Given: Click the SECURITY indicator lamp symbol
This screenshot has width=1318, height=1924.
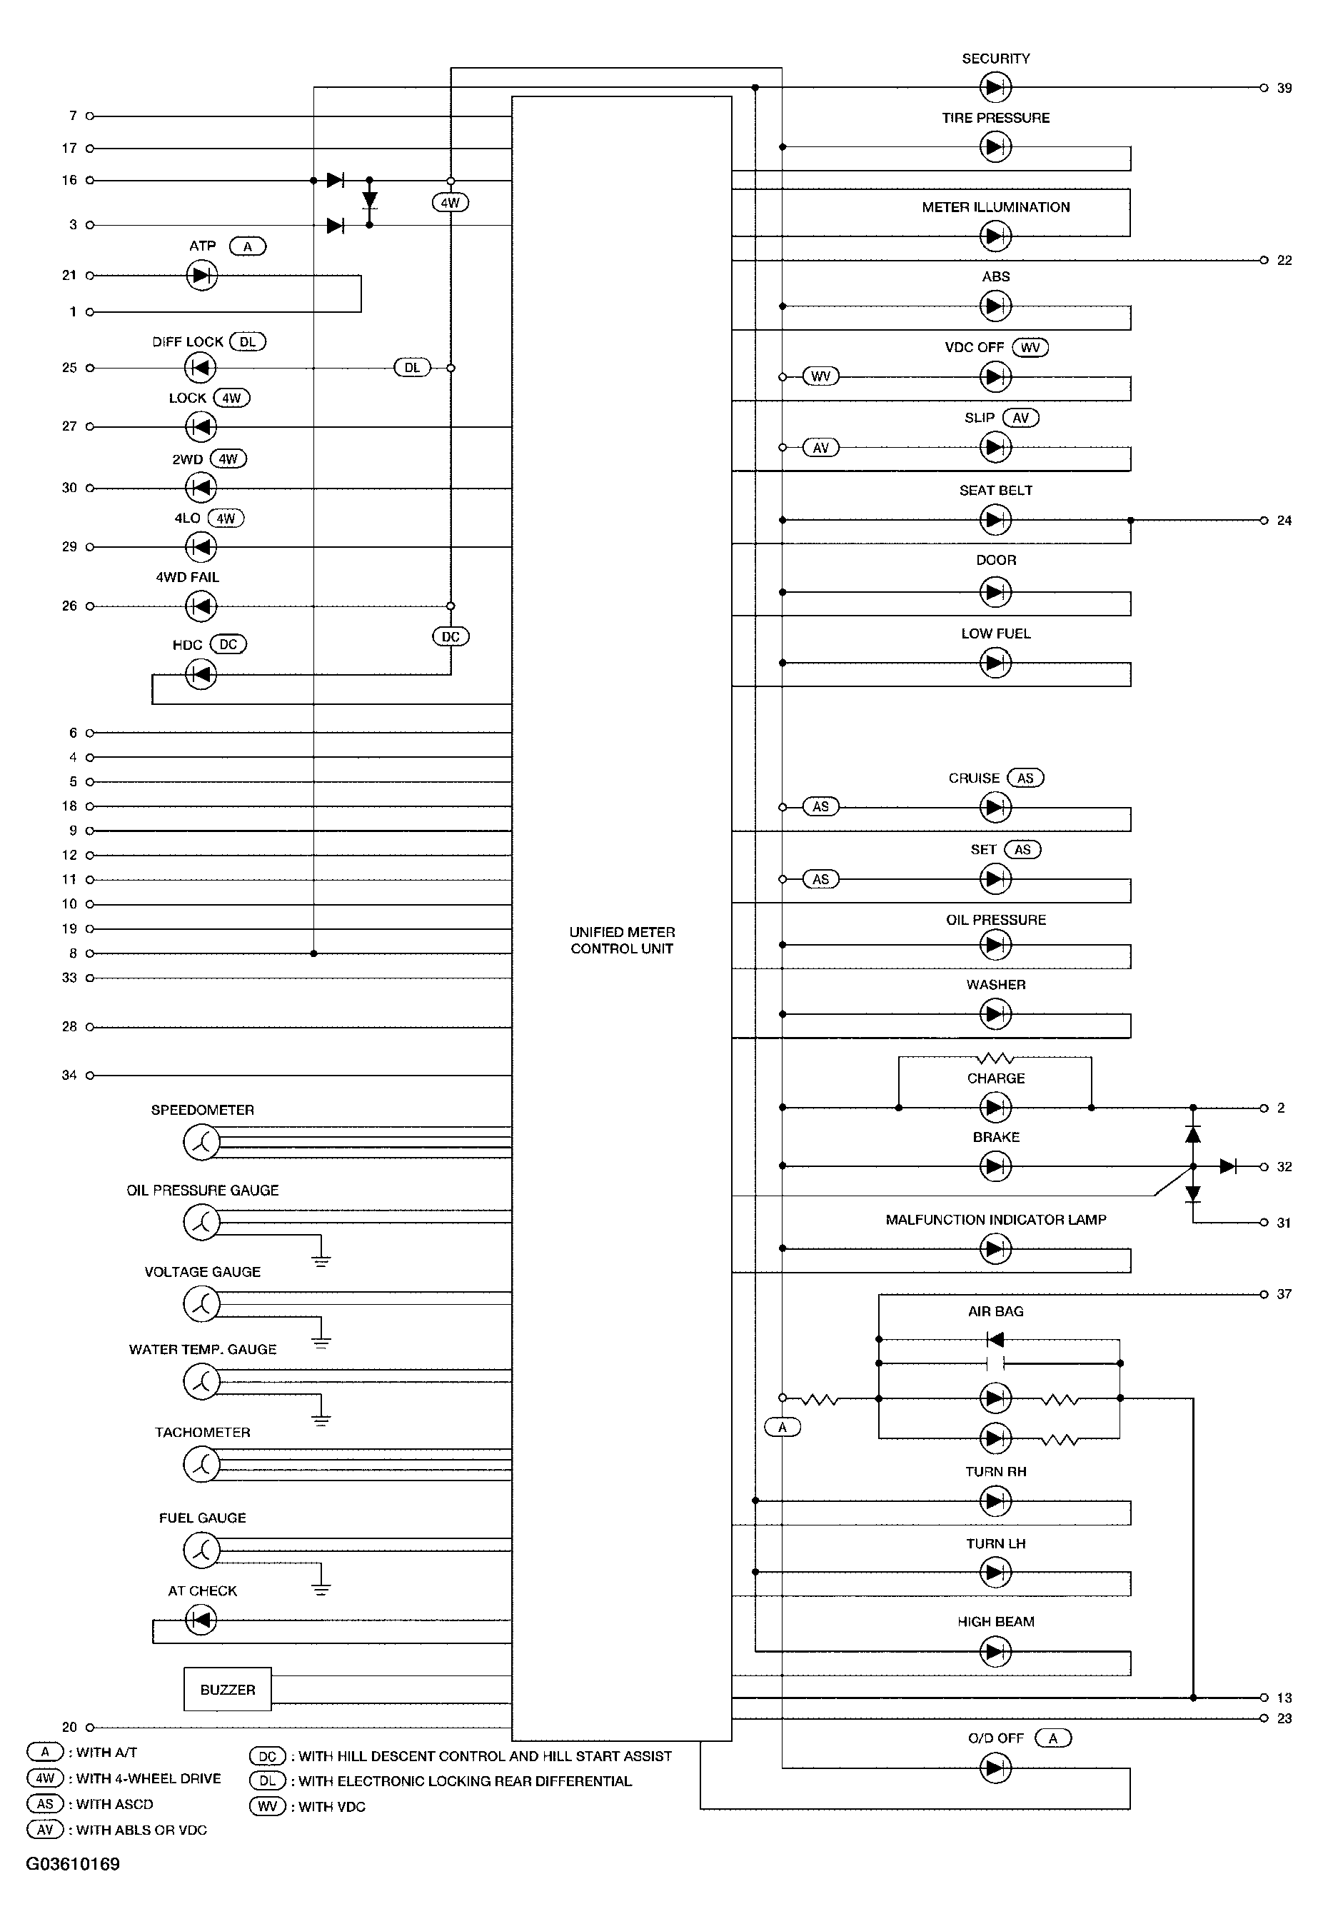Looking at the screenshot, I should point(995,87).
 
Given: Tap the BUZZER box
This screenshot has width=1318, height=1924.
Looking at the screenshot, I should point(228,1689).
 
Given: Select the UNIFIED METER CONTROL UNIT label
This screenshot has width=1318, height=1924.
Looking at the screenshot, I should point(622,941).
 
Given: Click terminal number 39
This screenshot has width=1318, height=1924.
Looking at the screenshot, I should point(1283,88).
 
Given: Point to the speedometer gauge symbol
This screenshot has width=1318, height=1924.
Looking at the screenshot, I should point(201,1143).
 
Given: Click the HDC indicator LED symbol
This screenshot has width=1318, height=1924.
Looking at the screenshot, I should point(201,674).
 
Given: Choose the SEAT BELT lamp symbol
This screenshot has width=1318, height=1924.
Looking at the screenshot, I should point(995,520).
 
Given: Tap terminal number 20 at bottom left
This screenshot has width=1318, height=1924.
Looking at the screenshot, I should point(69,1727).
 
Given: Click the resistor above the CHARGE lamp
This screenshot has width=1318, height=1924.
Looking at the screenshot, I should point(995,1058).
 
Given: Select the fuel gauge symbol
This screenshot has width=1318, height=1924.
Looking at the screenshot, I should point(201,1550).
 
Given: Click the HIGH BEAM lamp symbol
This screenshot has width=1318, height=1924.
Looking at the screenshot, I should point(995,1652).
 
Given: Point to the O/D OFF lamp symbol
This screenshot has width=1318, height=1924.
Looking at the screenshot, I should point(995,1768).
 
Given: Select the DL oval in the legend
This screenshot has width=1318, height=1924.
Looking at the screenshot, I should point(268,1780).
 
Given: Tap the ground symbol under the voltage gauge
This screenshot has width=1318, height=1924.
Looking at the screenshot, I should point(321,1342).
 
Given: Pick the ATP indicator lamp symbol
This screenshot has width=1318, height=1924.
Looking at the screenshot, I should point(201,275).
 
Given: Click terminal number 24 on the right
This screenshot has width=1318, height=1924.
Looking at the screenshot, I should point(1283,521).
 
